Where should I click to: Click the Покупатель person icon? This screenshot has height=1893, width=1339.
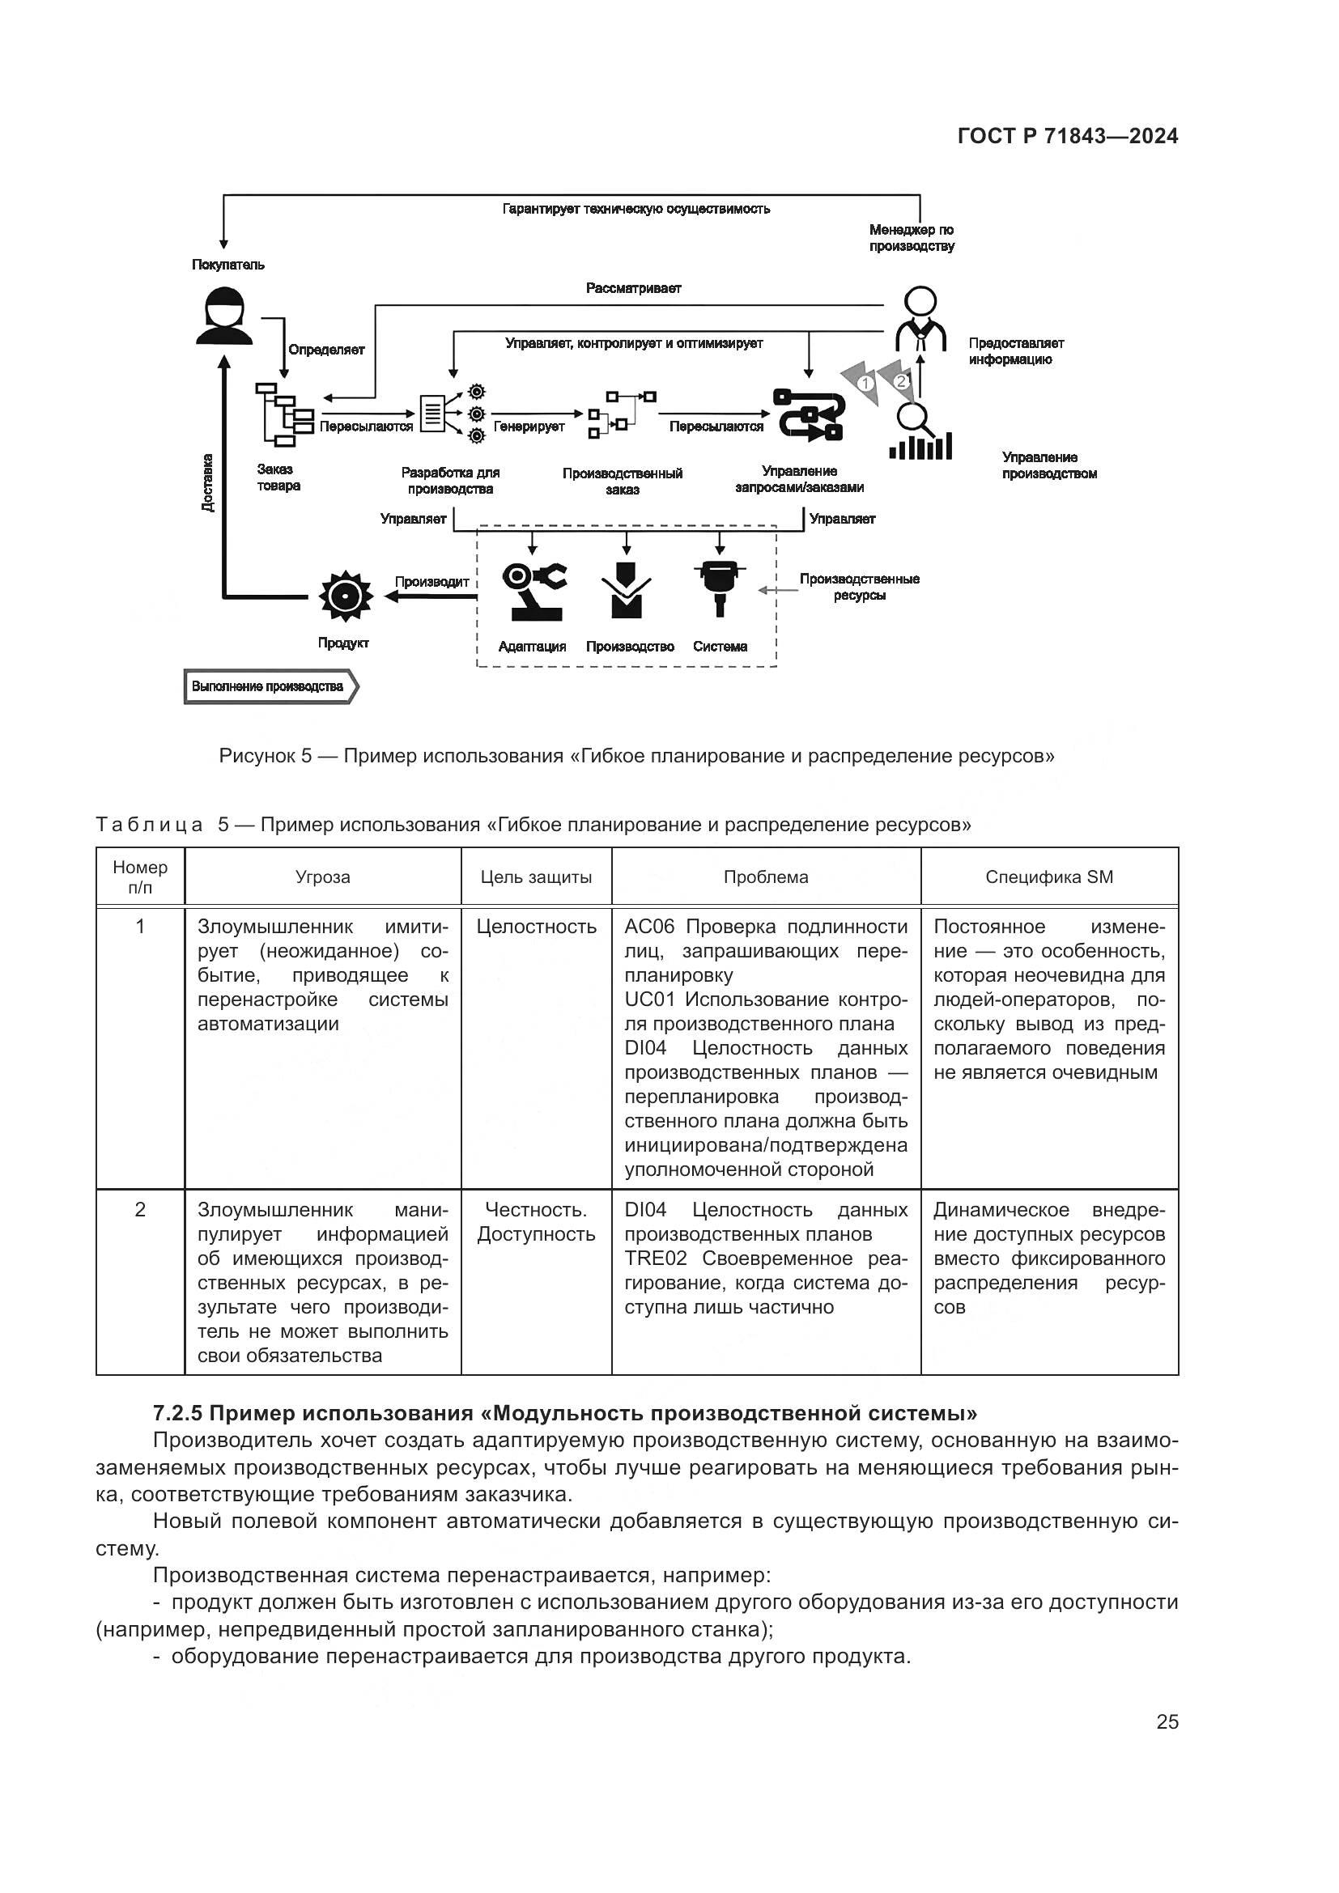224,315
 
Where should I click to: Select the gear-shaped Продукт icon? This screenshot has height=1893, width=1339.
346,595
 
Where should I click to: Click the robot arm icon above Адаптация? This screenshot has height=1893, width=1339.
533,590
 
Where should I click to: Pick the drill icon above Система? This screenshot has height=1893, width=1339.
720,587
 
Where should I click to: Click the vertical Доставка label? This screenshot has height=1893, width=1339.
208,483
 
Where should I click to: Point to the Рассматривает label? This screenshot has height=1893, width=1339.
633,289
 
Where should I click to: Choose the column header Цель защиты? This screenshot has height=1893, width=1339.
536,877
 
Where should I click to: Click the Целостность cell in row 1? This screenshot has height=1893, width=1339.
536,927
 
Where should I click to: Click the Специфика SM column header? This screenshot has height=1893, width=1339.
1048,877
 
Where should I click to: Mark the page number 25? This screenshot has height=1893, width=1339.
1167,1721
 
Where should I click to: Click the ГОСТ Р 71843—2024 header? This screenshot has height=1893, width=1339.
1068,137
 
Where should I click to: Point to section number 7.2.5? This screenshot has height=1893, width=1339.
177,1413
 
